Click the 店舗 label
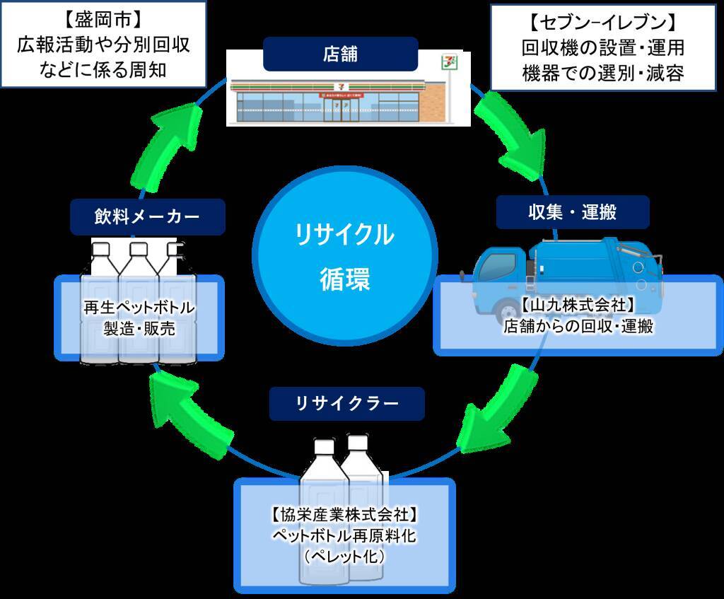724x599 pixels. click(x=340, y=54)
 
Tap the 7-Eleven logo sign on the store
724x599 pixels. click(x=448, y=62)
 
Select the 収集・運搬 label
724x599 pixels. click(x=572, y=211)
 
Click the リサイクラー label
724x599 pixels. click(x=346, y=404)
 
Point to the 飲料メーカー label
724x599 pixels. click(x=147, y=216)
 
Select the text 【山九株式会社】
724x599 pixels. click(x=578, y=306)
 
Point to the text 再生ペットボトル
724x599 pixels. click(x=139, y=308)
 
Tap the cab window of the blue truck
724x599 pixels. click(x=498, y=265)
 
